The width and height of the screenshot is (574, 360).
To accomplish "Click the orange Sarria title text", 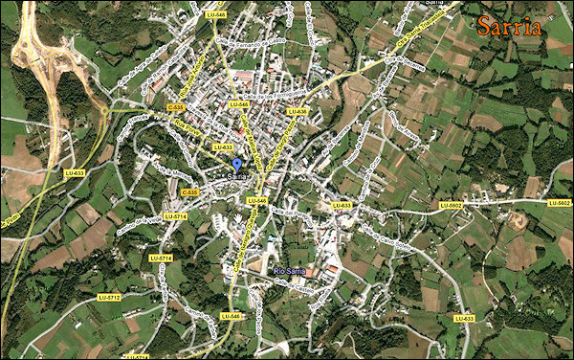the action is click(x=511, y=26).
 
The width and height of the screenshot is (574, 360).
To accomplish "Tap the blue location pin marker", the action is click(x=236, y=166).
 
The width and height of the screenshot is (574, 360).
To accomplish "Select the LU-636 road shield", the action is click(x=297, y=111).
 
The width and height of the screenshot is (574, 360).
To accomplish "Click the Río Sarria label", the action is click(x=290, y=271).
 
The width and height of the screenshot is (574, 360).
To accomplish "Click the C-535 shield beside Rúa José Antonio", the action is click(x=189, y=192).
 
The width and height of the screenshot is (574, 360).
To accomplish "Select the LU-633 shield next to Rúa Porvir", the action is click(x=222, y=147).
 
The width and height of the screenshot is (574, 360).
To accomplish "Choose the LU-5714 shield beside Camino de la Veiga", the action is click(x=174, y=216).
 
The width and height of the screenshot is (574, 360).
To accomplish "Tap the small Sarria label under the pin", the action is click(x=237, y=177).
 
